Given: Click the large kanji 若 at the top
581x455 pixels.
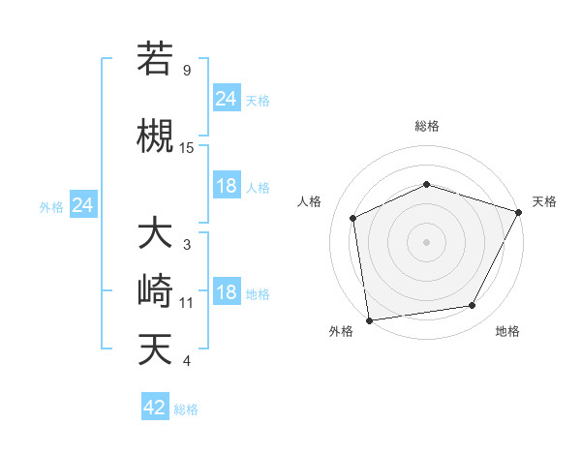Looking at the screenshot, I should tap(155, 59).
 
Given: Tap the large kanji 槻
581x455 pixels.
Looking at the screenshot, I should tap(155, 135).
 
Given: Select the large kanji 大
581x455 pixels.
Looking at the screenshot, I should tap(155, 234).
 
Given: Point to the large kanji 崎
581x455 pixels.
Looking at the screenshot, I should tap(155, 290).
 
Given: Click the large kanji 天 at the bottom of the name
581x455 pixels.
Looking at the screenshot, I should tap(155, 348).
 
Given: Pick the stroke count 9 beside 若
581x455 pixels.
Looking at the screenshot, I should tap(186, 71).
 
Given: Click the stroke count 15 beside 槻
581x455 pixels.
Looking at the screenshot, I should tap(187, 147).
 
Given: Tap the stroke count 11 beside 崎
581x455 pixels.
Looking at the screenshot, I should tap(187, 303).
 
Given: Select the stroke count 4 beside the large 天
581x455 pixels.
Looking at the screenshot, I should tap(186, 361).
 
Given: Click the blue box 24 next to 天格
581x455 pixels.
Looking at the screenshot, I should tap(227, 99).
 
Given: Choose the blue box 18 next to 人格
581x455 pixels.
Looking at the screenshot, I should tap(227, 186).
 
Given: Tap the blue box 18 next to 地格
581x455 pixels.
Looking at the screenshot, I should tap(227, 293).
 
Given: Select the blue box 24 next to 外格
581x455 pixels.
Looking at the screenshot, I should tap(83, 205).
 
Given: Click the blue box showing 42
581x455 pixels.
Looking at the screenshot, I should tap(155, 408).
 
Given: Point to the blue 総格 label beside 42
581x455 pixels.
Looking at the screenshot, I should tap(186, 409).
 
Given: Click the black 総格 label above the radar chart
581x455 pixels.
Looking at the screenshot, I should tap(427, 126).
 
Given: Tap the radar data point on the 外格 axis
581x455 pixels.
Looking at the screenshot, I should tap(369, 319).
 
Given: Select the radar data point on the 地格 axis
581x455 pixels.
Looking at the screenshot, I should tap(473, 306).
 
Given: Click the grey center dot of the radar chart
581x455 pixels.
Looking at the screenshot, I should tap(427, 241).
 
